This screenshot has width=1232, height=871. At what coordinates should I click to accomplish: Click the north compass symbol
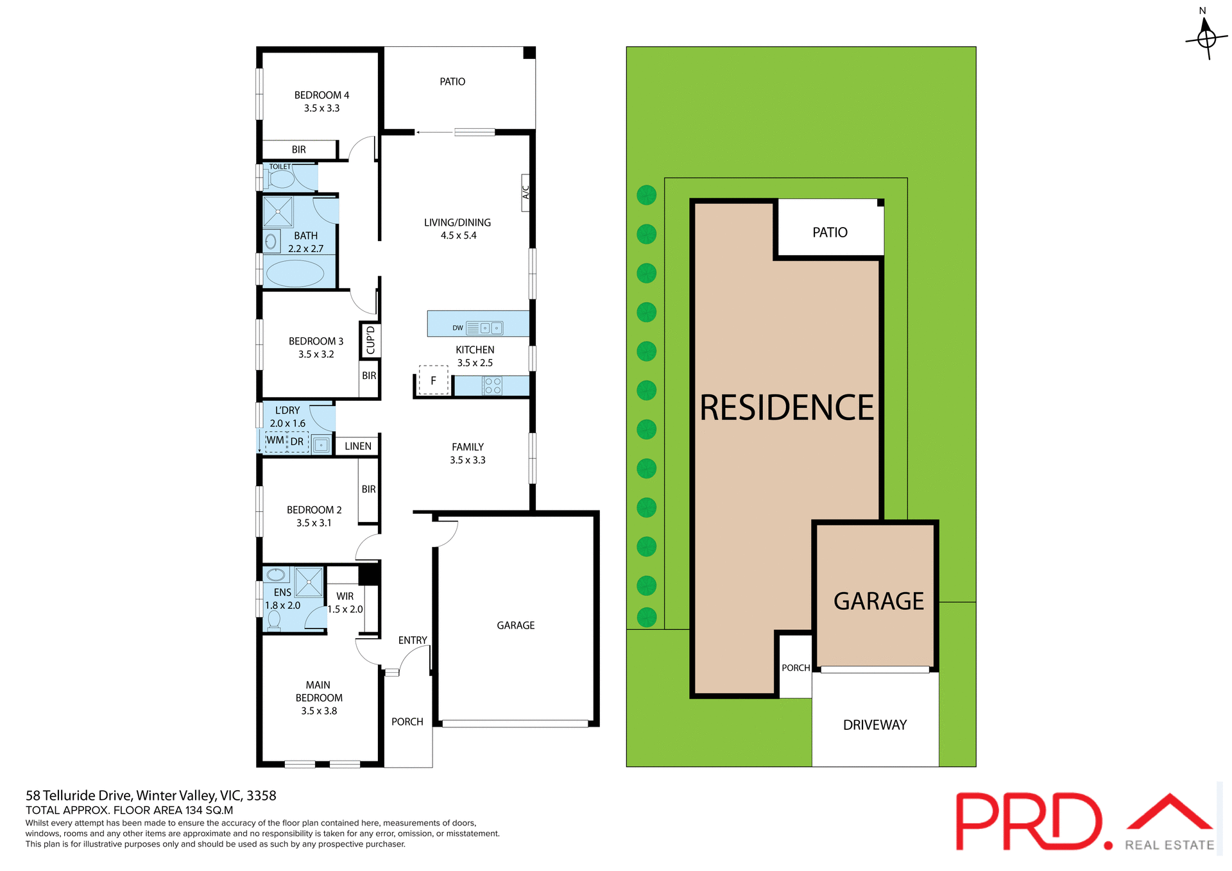pyautogui.click(x=1206, y=38)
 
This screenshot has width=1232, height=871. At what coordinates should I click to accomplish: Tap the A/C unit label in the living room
pyautogui.click(x=526, y=192)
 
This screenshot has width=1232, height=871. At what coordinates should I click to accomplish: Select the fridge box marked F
pyautogui.click(x=433, y=380)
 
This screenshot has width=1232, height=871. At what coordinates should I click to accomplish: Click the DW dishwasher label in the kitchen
pyautogui.click(x=458, y=328)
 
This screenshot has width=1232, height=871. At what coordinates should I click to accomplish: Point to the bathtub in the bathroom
pyautogui.click(x=295, y=273)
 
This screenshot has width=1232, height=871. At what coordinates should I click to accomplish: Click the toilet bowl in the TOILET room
pyautogui.click(x=281, y=179)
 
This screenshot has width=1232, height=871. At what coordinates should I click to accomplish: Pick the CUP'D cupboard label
pyautogui.click(x=370, y=340)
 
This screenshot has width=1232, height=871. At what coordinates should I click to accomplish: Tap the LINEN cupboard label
pyautogui.click(x=357, y=446)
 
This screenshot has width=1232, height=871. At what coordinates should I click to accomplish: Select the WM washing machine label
pyautogui.click(x=275, y=441)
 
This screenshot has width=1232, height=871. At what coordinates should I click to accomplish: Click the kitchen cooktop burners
pyautogui.click(x=493, y=385)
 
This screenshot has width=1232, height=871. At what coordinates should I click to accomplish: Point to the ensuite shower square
pyautogui.click(x=309, y=582)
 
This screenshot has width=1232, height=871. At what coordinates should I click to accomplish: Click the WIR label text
pyautogui.click(x=345, y=596)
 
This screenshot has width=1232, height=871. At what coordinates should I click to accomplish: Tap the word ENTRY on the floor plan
pyautogui.click(x=412, y=641)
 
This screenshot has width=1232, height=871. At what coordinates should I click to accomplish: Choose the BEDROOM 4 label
pyautogui.click(x=321, y=96)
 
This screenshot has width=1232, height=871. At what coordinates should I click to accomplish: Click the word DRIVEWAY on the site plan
pyautogui.click(x=875, y=725)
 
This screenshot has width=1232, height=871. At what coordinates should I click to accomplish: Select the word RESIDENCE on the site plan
pyautogui.click(x=787, y=408)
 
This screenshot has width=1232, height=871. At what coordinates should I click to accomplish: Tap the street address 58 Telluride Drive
pyautogui.click(x=151, y=795)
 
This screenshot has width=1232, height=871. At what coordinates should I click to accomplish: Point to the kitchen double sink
pyautogui.click(x=491, y=328)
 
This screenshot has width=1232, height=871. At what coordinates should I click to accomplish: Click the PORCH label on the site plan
pyautogui.click(x=796, y=668)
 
